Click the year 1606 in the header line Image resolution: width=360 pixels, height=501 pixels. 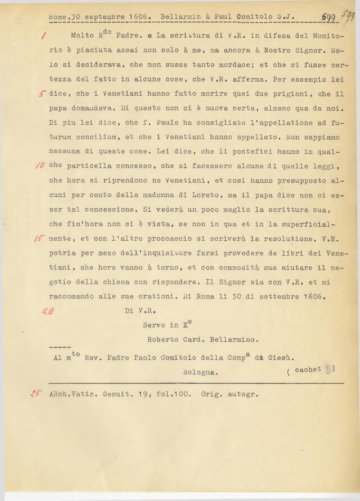click(140, 17)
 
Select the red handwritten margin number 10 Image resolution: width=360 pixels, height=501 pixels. click(40, 165)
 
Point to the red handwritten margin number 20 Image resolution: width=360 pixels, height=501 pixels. click(47, 311)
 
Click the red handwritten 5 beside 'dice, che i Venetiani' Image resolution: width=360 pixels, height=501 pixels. click(43, 94)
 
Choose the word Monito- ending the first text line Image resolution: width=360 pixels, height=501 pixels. click(328, 36)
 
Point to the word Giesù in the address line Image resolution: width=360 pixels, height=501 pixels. click(281, 358)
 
